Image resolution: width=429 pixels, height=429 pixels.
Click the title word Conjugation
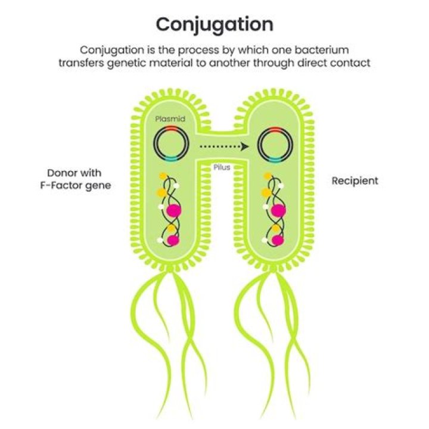[x=214, y=24]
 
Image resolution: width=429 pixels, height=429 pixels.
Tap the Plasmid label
[x=170, y=119]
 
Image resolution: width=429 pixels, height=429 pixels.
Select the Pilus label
[x=222, y=167]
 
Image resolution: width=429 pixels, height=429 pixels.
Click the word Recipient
[x=355, y=181]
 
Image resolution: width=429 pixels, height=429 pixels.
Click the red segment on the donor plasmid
[x=170, y=129]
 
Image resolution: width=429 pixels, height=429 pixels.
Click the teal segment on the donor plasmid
[x=170, y=159]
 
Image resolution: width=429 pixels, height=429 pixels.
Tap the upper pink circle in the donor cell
[x=174, y=210]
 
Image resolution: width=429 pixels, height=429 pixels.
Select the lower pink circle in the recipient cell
[x=276, y=240]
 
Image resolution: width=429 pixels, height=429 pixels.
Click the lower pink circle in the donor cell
[x=173, y=240]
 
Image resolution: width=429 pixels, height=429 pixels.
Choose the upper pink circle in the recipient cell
[x=277, y=210]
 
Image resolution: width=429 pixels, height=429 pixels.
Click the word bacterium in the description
[x=322, y=49]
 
